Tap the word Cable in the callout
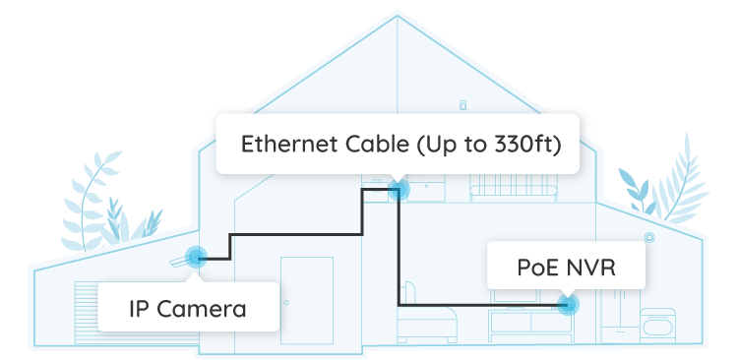[x=372, y=145]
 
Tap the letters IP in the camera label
[x=141, y=309]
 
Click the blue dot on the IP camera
[x=196, y=259]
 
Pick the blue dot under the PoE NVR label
[x=567, y=305]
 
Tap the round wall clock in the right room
[x=649, y=238]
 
